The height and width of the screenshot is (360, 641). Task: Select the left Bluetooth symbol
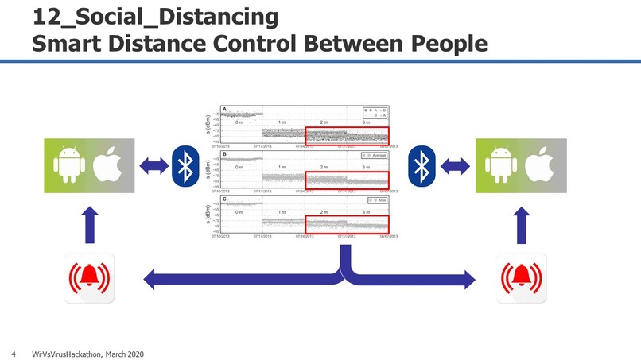click(x=185, y=166)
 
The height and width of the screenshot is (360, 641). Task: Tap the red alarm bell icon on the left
click(x=89, y=277)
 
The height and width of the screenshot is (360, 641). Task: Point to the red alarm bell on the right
click(x=522, y=277)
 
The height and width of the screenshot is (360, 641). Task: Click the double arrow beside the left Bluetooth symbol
click(x=153, y=166)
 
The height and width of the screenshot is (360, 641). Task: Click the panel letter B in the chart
click(x=224, y=153)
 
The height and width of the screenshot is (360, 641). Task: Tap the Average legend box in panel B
click(x=375, y=155)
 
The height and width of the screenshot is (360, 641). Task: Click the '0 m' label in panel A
click(x=239, y=123)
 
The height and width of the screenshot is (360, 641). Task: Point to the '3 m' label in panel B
click(x=366, y=168)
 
